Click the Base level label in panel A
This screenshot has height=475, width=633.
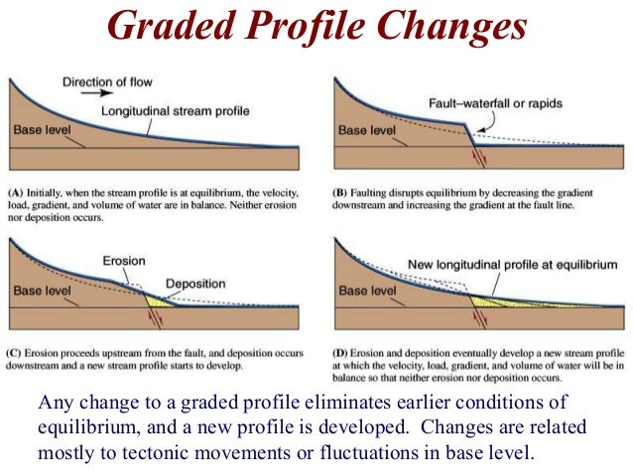tap(43, 130)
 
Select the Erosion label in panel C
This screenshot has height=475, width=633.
tap(124, 261)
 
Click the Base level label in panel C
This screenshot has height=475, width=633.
tap(43, 292)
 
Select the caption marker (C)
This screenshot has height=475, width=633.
tap(17, 352)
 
